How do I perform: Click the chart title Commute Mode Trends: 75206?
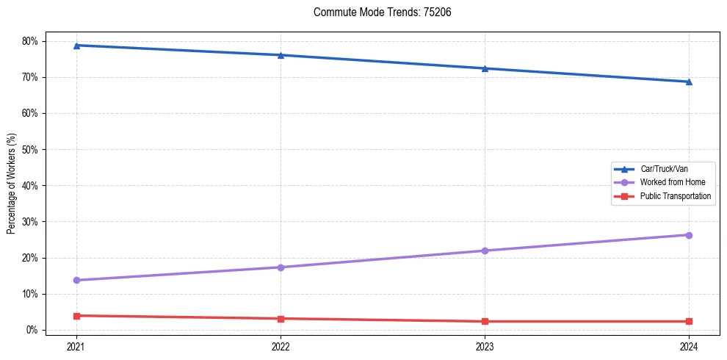[377, 12]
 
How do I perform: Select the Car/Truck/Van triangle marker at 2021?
[76, 46]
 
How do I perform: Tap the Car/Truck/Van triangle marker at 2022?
[281, 55]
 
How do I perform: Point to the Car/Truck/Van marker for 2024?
[689, 82]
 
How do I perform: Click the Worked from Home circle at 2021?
[76, 280]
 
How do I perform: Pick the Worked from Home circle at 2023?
[485, 251]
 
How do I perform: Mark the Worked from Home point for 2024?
[689, 235]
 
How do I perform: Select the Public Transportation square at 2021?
[76, 316]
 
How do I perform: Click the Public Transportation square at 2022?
[281, 319]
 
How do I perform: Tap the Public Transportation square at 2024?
[689, 321]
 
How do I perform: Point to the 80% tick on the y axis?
[29, 41]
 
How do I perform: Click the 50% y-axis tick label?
[29, 150]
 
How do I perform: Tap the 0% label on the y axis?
[32, 330]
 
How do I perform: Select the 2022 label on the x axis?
[281, 346]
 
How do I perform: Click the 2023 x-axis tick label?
[485, 346]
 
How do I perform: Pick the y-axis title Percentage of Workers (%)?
[11, 184]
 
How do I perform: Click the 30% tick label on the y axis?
[29, 222]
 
